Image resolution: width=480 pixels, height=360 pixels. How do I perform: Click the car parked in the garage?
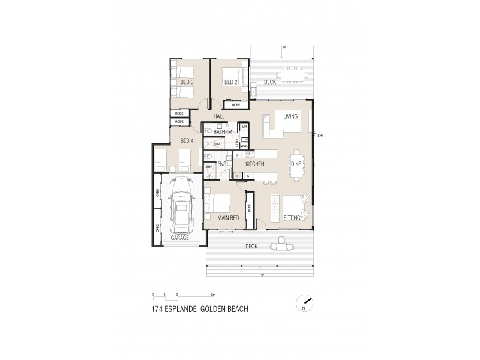pyautogui.click(x=180, y=205)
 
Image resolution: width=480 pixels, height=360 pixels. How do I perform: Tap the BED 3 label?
pyautogui.click(x=187, y=82)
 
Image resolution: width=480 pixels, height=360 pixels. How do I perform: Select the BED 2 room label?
pyautogui.click(x=231, y=82)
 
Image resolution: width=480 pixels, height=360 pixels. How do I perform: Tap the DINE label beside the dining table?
pyautogui.click(x=296, y=163)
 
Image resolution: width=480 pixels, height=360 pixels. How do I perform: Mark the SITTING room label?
pyautogui.click(x=292, y=218)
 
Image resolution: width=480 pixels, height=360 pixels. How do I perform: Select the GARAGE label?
pyautogui.click(x=179, y=238)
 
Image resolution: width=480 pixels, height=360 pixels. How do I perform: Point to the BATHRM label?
pyautogui.click(x=223, y=131)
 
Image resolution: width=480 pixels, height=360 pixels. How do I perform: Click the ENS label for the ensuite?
pyautogui.click(x=221, y=163)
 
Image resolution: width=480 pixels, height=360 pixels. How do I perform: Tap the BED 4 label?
pyautogui.click(x=187, y=140)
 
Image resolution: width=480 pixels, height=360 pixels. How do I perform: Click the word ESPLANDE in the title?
pyautogui.click(x=186, y=310)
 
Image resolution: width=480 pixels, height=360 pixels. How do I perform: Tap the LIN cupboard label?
pyautogui.click(x=245, y=127)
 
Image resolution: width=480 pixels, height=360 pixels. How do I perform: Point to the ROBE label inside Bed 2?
pyautogui.click(x=236, y=105)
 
